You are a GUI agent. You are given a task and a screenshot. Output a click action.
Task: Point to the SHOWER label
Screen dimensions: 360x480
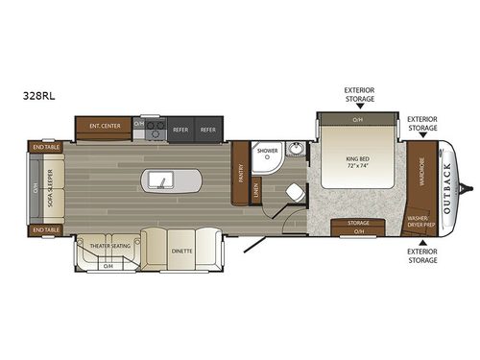pyautogui.click(x=267, y=152)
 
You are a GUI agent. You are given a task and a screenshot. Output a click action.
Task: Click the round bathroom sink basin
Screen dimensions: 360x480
pyautogui.click(x=295, y=151)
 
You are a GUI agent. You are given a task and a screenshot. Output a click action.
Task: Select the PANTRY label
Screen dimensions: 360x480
pyautogui.click(x=241, y=173)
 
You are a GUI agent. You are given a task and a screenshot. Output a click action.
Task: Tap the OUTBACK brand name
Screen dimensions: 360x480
pyautogui.click(x=445, y=178)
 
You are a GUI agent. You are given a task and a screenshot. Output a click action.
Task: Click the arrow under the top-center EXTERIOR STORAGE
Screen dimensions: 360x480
pyautogui.click(x=359, y=108)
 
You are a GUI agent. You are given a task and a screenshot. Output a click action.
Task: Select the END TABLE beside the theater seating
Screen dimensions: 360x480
pyautogui.click(x=45, y=230)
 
